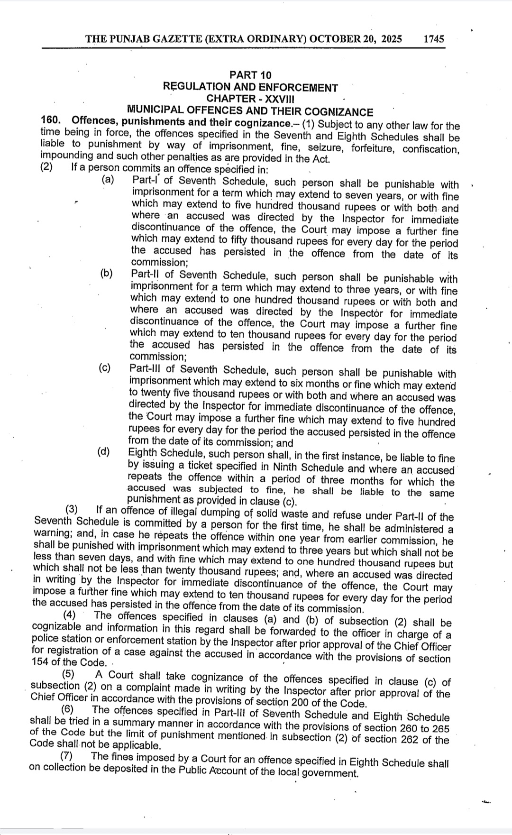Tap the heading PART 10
250,75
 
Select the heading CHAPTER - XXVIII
250,99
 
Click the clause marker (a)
108,179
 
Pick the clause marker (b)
107,273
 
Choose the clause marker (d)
104,451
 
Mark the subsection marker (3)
72,510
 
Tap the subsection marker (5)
69,674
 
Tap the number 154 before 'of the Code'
40,662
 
